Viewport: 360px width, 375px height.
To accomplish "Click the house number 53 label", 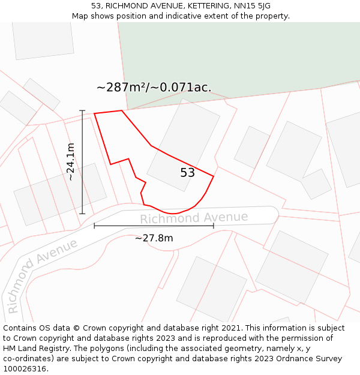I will point(188,173).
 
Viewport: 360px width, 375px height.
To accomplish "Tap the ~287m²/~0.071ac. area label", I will point(154,88).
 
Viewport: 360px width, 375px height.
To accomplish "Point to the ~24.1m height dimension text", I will point(71,161).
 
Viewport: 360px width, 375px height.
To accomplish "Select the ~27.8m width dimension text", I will point(154,238).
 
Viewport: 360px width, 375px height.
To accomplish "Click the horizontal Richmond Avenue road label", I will point(194,217).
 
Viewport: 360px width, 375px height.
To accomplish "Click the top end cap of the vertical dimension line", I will point(82,111).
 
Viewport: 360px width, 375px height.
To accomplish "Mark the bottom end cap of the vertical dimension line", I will point(82,214).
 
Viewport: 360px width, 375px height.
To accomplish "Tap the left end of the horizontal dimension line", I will point(95,226).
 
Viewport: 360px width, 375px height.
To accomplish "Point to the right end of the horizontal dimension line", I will point(214,226).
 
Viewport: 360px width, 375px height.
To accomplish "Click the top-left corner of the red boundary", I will point(95,113).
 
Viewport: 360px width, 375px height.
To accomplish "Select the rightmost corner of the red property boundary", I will point(214,176).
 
